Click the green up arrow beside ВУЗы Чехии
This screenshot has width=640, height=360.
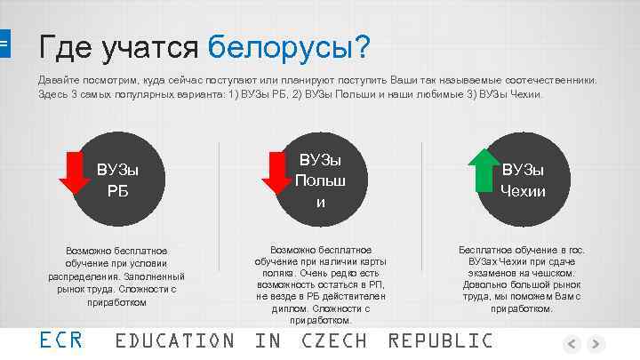tap(485, 170)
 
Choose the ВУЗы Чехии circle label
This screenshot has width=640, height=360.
tap(523, 180)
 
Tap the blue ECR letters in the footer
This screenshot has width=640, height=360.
tap(61, 340)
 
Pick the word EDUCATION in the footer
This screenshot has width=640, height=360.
tap(175, 340)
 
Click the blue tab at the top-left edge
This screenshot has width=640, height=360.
tap(4, 42)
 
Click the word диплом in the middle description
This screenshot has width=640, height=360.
tap(273, 308)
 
